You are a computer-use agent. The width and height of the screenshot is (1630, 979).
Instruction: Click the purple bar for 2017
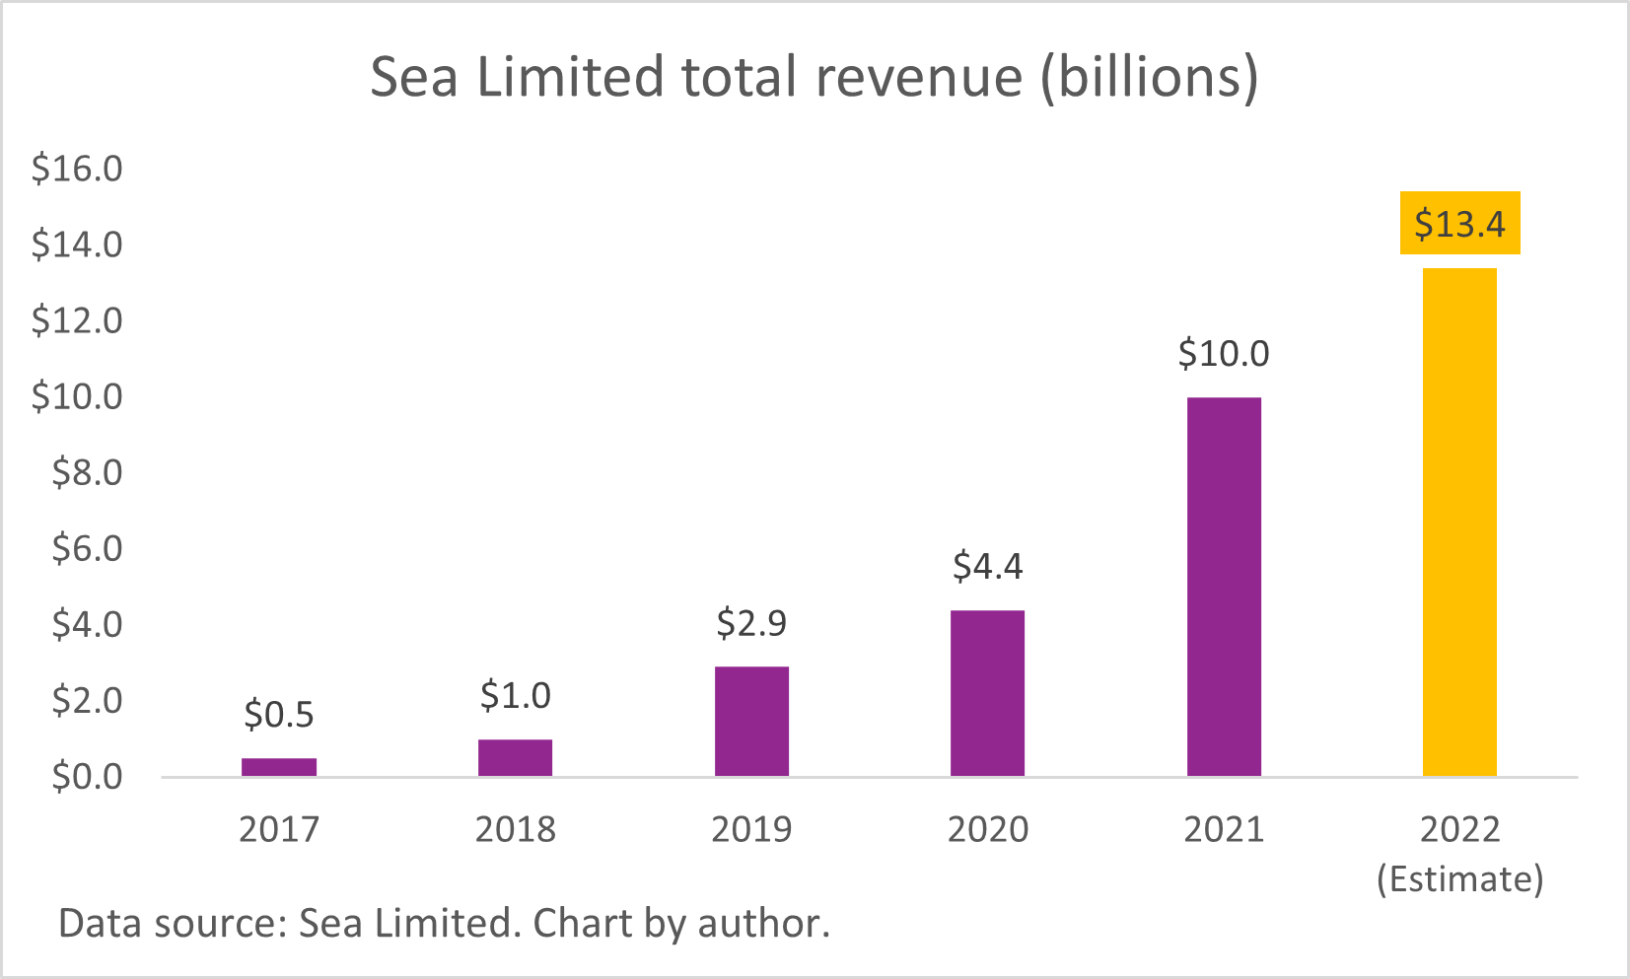click(x=279, y=767)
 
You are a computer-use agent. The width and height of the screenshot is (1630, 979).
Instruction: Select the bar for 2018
click(x=515, y=757)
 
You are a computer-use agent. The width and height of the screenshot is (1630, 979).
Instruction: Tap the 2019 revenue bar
click(x=751, y=722)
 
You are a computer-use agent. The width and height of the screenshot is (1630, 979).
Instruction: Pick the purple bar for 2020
click(x=987, y=693)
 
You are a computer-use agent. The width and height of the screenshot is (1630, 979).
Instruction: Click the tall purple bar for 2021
click(x=1224, y=587)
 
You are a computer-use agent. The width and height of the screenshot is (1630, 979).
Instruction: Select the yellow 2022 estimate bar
click(x=1459, y=523)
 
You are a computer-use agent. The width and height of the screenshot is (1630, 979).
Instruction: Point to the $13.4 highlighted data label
click(x=1459, y=224)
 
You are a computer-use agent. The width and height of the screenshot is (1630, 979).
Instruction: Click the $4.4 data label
click(x=987, y=567)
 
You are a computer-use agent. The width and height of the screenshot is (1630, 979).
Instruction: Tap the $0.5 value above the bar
click(x=279, y=715)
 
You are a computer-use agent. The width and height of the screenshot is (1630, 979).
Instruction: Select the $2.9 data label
click(x=751, y=623)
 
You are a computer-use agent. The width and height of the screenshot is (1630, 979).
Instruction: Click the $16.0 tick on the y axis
click(x=77, y=169)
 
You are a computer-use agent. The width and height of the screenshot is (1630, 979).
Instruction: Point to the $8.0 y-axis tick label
click(x=87, y=472)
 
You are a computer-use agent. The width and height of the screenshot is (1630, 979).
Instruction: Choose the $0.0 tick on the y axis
click(x=87, y=777)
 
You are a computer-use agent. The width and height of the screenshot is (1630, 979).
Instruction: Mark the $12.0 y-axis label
click(x=77, y=320)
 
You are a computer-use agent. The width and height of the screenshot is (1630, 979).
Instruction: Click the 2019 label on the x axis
click(x=751, y=829)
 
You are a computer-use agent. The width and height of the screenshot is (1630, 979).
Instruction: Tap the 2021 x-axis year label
click(x=1224, y=829)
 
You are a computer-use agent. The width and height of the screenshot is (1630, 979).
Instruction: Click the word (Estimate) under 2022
click(x=1459, y=878)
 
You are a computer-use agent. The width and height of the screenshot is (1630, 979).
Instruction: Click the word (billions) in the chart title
click(x=1150, y=77)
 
